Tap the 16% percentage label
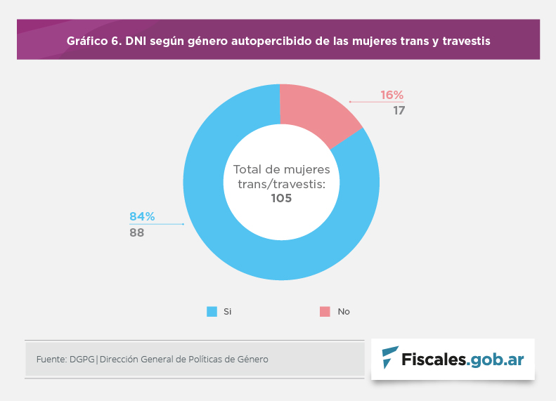pyautogui.click(x=392, y=95)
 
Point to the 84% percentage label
pyautogui.click(x=141, y=216)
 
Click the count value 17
pyautogui.click(x=399, y=110)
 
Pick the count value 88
pyautogui.click(x=136, y=232)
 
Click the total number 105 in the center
pyautogui.click(x=281, y=199)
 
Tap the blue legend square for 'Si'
pyautogui.click(x=212, y=311)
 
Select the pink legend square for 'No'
pyautogui.click(x=325, y=311)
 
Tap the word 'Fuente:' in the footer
pyautogui.click(x=51, y=360)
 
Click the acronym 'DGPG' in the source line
pyautogui.click(x=82, y=360)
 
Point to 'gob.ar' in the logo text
pyautogui.click(x=497, y=360)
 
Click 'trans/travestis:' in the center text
pyautogui.click(x=281, y=184)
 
